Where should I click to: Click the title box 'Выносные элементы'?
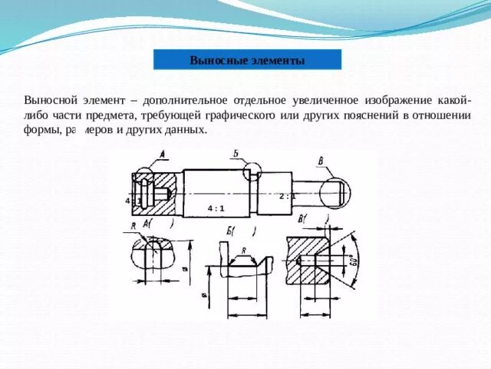pos(247,60)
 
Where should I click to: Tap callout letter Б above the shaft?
pos(236,155)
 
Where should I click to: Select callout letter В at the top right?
pos(320,161)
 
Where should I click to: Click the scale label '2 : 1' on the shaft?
pos(288,196)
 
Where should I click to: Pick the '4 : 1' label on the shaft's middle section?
pos(216,208)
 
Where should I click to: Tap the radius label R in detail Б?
pos(243,251)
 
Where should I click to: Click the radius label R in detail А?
pos(133,227)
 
